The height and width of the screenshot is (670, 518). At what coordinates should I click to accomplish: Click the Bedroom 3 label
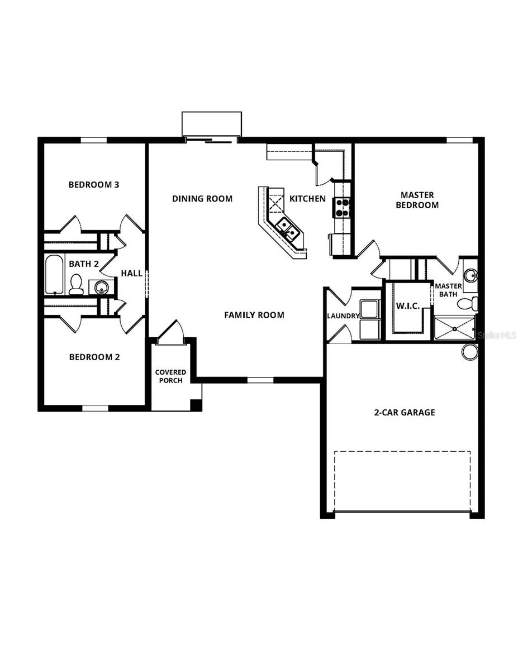click(x=94, y=185)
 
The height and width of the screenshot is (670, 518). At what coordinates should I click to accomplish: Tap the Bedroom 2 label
click(x=94, y=357)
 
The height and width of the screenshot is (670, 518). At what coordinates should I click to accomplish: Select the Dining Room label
click(x=202, y=199)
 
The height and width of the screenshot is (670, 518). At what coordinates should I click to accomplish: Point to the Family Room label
click(x=254, y=315)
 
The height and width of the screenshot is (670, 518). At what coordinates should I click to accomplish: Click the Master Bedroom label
click(x=417, y=200)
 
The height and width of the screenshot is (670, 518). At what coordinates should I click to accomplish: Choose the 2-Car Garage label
click(x=404, y=413)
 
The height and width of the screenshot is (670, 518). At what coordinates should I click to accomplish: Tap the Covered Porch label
click(x=170, y=376)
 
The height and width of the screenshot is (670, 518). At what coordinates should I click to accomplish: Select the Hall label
click(x=132, y=274)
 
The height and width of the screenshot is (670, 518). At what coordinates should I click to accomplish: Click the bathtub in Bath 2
click(x=54, y=274)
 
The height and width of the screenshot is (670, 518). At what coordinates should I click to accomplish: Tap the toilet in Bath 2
click(x=76, y=284)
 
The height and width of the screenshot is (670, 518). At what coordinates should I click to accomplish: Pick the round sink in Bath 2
click(x=101, y=287)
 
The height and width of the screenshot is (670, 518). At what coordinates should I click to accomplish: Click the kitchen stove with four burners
click(x=341, y=208)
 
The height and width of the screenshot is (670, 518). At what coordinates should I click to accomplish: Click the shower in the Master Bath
click(x=454, y=328)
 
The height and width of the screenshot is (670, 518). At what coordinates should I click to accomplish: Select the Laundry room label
click(x=343, y=316)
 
